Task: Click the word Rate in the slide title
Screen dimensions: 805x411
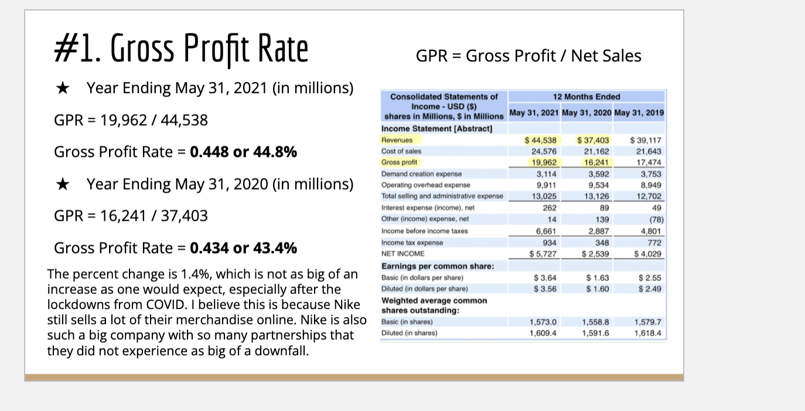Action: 283,48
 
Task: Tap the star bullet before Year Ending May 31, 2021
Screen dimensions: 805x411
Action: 63,88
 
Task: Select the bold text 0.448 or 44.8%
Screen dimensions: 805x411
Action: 243,152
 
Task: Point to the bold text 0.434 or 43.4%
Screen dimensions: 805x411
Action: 243,248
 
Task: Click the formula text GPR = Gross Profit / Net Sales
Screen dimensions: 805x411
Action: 528,56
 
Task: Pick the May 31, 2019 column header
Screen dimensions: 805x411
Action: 639,113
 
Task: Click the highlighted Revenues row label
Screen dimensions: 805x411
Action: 397,140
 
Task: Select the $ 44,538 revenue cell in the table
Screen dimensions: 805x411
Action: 541,140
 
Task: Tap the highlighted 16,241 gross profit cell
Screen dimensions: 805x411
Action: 596,162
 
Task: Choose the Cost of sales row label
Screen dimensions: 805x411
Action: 401,151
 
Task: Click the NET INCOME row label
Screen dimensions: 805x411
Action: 403,254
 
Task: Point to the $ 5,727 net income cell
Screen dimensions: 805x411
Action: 543,254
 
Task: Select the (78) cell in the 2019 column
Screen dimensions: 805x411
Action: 656,220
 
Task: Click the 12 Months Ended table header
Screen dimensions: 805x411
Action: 586,97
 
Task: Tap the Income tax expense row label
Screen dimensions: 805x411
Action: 412,242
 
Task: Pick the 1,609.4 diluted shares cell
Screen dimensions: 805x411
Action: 543,333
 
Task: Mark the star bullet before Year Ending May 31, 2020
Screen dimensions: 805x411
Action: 63,184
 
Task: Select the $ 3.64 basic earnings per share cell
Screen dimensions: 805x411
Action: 545,278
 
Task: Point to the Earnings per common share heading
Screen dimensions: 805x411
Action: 438,266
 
